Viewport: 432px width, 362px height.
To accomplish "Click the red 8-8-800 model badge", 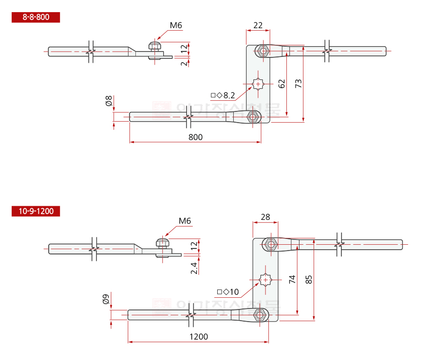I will click(x=36, y=18).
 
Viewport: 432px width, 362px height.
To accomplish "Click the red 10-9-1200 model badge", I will click(x=36, y=211).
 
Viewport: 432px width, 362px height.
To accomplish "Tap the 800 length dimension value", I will click(x=195, y=137).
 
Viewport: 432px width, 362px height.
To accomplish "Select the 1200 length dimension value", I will click(x=198, y=337).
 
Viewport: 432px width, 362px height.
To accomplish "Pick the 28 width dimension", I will click(x=265, y=217).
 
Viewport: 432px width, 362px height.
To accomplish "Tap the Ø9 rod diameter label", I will click(x=106, y=299).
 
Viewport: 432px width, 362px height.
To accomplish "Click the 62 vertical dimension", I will click(x=282, y=83).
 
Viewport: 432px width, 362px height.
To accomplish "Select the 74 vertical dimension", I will click(x=292, y=279).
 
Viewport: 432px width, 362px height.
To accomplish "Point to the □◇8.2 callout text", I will click(x=223, y=95).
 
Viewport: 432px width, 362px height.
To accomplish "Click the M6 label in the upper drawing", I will click(x=176, y=25).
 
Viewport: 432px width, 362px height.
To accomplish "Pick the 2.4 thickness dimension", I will click(x=194, y=268).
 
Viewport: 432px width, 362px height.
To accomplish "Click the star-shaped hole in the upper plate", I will click(x=258, y=84).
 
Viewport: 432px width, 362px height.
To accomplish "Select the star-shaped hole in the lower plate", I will click(x=265, y=280).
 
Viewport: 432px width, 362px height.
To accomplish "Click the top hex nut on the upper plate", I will click(x=263, y=51).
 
